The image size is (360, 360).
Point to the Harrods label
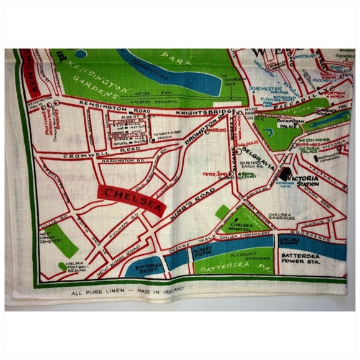point(217,131)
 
